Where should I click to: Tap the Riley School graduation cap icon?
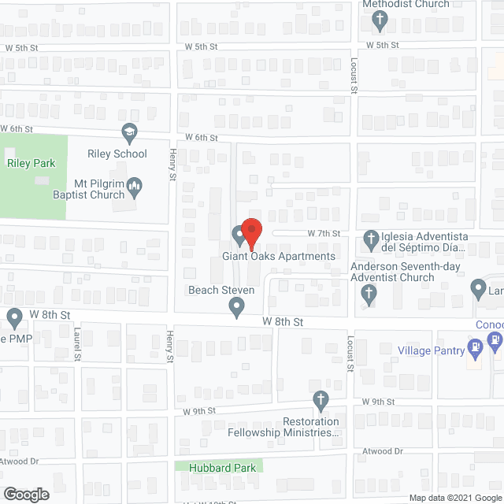(128, 131)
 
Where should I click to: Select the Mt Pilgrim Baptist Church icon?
(135, 186)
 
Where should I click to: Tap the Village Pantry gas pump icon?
(475, 347)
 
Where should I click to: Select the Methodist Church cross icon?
(380, 21)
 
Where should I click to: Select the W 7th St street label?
(324, 234)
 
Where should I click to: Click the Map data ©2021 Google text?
(454, 498)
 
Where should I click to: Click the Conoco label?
(489, 324)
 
